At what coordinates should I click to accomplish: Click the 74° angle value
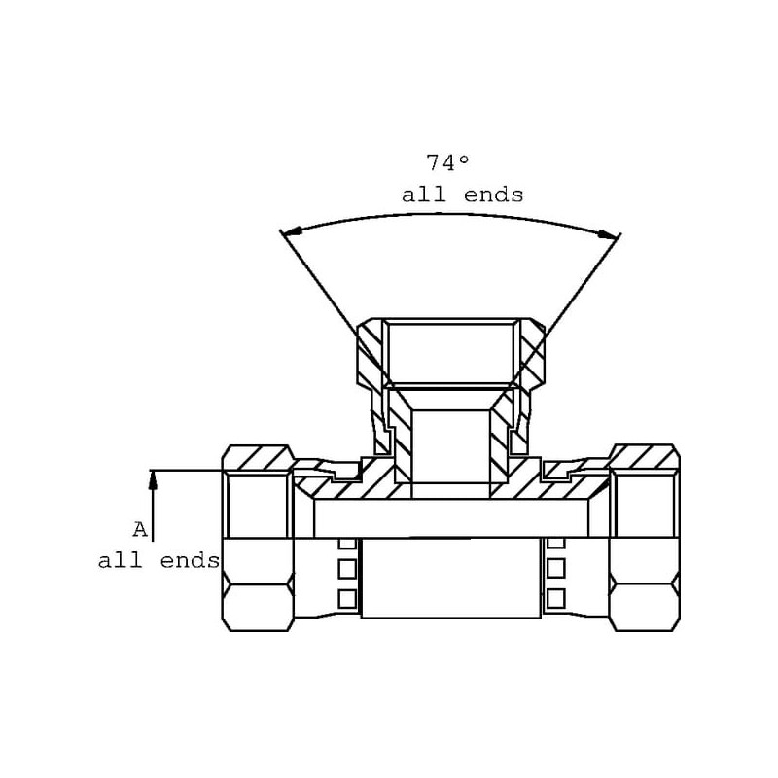447,162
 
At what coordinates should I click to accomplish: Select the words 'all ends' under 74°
463,195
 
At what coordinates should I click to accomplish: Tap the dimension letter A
140,530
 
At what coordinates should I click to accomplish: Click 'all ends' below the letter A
159,561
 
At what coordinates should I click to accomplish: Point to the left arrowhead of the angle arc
292,231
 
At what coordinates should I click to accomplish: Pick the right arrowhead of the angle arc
609,234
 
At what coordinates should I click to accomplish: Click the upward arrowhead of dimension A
153,479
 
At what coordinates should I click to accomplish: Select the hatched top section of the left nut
257,457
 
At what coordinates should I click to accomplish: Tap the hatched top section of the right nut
645,457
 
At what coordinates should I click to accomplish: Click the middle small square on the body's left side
347,568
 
